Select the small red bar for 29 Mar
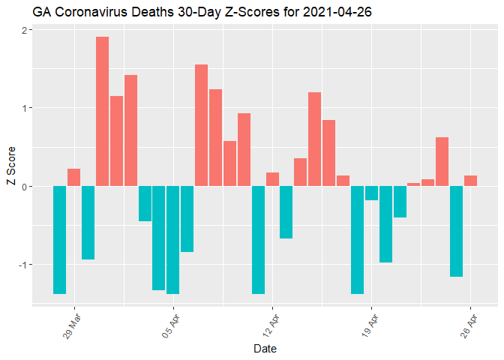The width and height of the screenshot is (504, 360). pyautogui.click(x=73, y=178)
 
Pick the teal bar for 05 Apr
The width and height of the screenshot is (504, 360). pyautogui.click(x=172, y=240)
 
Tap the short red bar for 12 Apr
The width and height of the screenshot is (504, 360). pyautogui.click(x=272, y=179)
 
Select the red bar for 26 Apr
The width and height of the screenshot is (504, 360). pyautogui.click(x=470, y=181)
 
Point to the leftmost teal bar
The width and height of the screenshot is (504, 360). pyautogui.click(x=59, y=240)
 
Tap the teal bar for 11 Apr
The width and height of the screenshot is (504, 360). pyautogui.click(x=258, y=240)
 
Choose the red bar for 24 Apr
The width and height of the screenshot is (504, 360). pyautogui.click(x=442, y=161)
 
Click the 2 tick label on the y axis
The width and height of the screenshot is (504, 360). pyautogui.click(x=24, y=30)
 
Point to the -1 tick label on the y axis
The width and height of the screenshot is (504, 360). pyautogui.click(x=22, y=265)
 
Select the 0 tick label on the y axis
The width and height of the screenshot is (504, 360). pyautogui.click(x=24, y=186)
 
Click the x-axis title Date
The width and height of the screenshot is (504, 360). pyautogui.click(x=265, y=349)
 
